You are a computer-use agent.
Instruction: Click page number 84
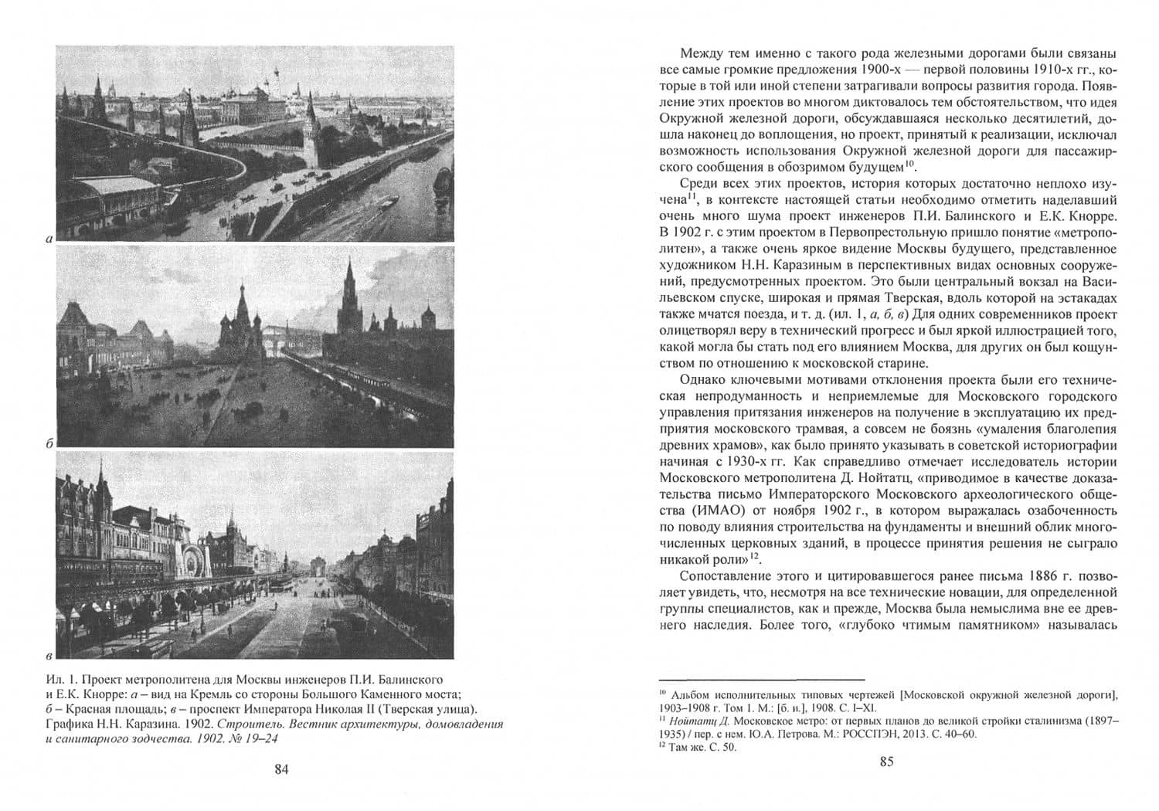(281, 769)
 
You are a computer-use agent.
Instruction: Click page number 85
(886, 762)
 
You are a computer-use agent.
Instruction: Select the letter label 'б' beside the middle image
(49, 444)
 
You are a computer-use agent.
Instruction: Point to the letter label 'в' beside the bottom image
(49, 657)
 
